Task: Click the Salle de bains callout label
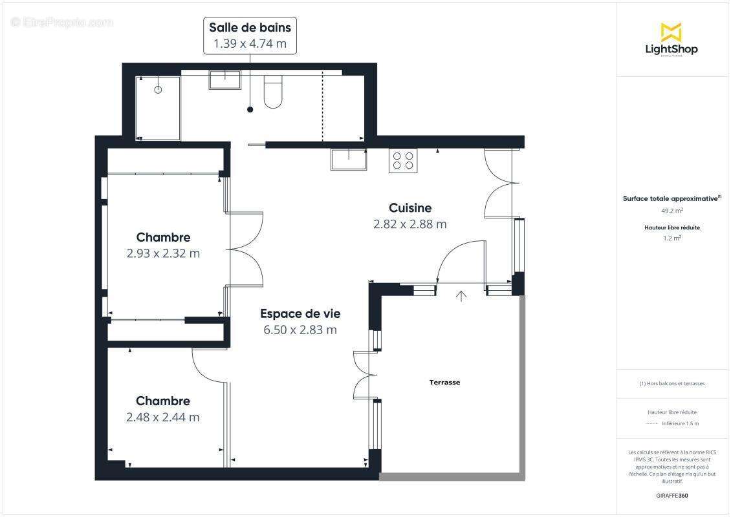coord(250,36)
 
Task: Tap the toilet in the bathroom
coord(273,92)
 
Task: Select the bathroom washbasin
coord(224,79)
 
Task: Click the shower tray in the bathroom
coord(158,107)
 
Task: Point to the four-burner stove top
coord(402,160)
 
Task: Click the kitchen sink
coord(348,159)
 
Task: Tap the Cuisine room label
coord(409,208)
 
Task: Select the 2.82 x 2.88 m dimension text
coord(409,224)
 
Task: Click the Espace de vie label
coord(300,313)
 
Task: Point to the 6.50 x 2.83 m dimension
coord(300,330)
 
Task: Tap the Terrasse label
coord(445,383)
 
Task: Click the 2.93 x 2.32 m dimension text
coord(163,253)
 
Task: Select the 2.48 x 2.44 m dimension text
coord(163,417)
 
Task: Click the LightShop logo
coord(671,39)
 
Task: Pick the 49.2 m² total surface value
coord(671,210)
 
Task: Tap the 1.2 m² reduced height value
coord(671,238)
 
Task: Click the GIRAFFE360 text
coord(671,496)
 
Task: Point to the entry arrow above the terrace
coord(461,296)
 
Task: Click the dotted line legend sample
coord(651,424)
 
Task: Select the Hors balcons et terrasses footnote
coord(671,383)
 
